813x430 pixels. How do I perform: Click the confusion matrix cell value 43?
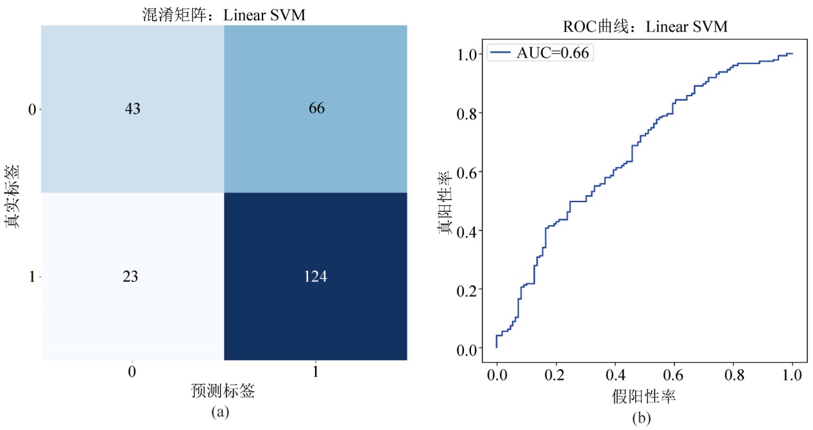pos(132,109)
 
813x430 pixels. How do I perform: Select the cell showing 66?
pos(316,109)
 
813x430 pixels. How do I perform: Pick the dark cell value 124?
pos(316,277)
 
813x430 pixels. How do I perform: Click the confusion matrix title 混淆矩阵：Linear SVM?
pos(223,15)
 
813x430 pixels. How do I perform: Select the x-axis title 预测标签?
pos(223,391)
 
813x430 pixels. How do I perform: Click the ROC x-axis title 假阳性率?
pos(644,397)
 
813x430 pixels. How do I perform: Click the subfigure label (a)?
pos(221,412)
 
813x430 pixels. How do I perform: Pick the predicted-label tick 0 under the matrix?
pos(132,372)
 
